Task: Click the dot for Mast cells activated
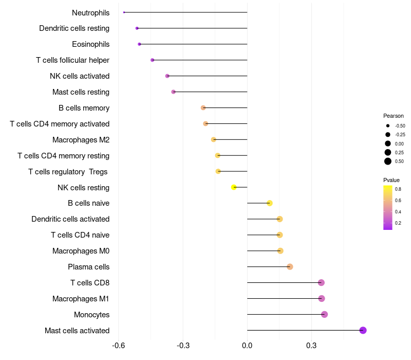(363, 330)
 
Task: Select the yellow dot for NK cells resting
(234, 187)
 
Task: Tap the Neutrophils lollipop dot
(124, 12)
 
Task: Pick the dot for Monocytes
(324, 314)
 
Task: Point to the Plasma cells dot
(290, 266)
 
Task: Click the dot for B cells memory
(203, 107)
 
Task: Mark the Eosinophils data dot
(139, 44)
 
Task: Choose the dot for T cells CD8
(321, 282)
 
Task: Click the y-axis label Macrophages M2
(81, 140)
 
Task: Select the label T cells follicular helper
(72, 60)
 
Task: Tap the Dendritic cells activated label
(70, 219)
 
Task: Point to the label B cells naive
(88, 203)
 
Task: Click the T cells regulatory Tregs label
(68, 171)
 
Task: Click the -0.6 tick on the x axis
(119, 346)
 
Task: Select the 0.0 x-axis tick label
(247, 346)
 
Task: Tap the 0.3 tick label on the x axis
(311, 346)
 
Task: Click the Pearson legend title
(394, 116)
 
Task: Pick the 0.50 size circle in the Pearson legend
(388, 161)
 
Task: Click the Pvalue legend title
(391, 180)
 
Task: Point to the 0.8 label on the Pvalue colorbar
(398, 189)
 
